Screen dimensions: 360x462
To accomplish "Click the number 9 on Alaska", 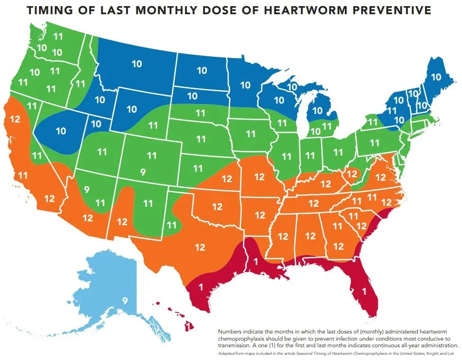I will [x=125, y=300].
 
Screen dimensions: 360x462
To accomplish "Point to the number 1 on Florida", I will [x=364, y=292].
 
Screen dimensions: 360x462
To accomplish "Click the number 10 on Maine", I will [x=435, y=77].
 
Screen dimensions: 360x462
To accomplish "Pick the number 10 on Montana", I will [x=137, y=64].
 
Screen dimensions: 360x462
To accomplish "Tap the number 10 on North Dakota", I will [x=202, y=70].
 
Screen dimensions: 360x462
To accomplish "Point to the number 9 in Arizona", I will [x=86, y=190].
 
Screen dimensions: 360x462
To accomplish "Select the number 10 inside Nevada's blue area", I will [x=61, y=131].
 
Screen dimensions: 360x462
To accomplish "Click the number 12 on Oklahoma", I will [x=217, y=207].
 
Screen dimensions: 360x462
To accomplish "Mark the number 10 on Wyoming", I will [x=131, y=109].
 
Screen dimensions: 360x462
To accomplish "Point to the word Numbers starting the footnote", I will [x=231, y=332].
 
